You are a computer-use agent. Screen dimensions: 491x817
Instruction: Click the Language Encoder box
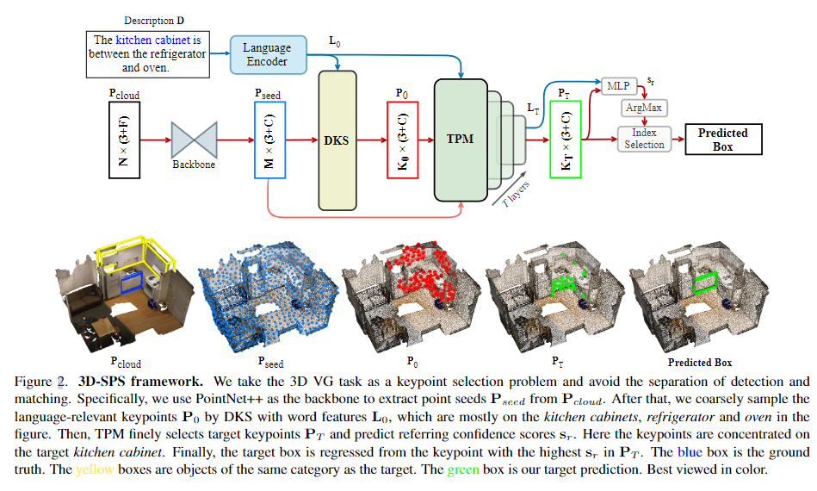coord(267,54)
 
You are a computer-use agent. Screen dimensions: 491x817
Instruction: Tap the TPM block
coord(461,139)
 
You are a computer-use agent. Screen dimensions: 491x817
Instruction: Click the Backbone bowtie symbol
coord(195,138)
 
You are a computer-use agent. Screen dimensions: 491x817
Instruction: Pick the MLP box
coord(617,85)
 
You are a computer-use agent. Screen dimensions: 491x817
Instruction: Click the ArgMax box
coord(644,108)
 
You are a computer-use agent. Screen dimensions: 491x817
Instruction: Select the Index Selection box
coord(644,139)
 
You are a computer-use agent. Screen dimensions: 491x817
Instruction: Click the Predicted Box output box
coord(722,140)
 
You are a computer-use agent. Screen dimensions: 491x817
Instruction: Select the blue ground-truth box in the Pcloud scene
coord(133,282)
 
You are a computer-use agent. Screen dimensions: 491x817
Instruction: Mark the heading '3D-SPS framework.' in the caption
coord(141,381)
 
